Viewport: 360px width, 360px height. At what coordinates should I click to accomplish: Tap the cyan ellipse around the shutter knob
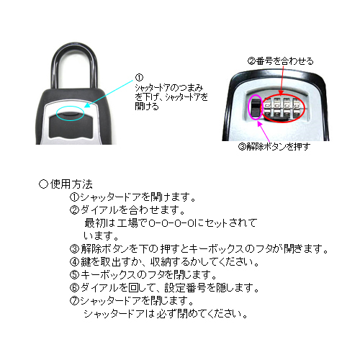coord(71,107)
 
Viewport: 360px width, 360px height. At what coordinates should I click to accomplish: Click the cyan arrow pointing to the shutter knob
coord(109,94)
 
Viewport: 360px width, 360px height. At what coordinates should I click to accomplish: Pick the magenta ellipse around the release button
coord(249,107)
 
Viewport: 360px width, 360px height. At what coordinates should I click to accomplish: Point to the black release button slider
coord(255,107)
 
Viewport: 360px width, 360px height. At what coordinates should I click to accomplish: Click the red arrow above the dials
coord(282,80)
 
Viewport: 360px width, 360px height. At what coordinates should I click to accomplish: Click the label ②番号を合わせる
coord(280,61)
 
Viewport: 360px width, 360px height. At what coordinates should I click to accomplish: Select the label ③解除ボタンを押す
coord(274,146)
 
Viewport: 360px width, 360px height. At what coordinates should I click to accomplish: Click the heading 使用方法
coord(71,184)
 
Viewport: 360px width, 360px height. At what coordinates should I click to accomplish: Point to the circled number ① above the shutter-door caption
coord(139,78)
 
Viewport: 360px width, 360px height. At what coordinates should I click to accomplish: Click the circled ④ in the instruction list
coord(74,261)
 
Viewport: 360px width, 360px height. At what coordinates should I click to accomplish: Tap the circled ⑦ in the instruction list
coord(74,300)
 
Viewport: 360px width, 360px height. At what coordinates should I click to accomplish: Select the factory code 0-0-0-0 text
coord(171,223)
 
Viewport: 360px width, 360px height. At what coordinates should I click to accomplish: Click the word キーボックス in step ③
coord(216,248)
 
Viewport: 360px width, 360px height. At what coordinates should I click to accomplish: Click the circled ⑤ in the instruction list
coord(74,274)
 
